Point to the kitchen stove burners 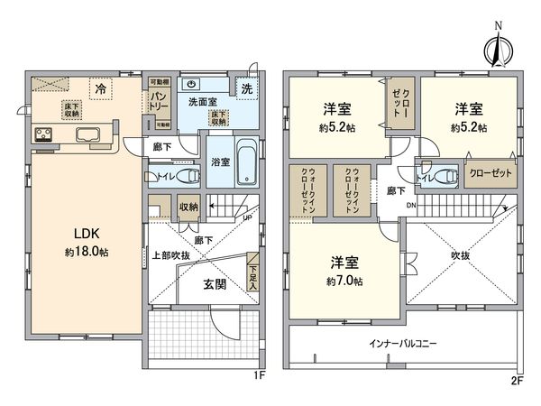(x=45, y=136)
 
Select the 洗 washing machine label (x=247, y=88)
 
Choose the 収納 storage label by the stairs (x=188, y=207)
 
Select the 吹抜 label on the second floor (x=460, y=256)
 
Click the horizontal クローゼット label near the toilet (x=491, y=171)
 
